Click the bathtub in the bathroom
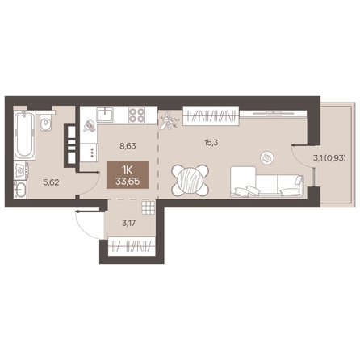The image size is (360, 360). pos(24,136)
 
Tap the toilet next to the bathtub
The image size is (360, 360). pos(46,121)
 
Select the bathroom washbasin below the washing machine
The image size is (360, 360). pos(20,189)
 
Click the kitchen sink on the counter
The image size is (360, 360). pos(105,115)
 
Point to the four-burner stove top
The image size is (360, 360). pos(136,115)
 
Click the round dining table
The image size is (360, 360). pos(190,180)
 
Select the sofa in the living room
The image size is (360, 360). pos(267,182)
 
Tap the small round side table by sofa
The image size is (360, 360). pos(266,157)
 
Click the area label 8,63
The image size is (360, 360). pos(128,146)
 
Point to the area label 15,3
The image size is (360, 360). pos(211,143)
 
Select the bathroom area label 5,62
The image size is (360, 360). pos(51,182)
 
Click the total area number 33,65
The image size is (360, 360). pos(128,182)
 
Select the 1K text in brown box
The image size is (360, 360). pos(128,170)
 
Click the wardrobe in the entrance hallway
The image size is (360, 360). pos(132,246)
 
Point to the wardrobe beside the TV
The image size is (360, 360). pos(211,116)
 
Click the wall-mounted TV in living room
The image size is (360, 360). pos(273,113)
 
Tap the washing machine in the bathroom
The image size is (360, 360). pos(21,170)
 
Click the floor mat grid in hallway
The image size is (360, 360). pos(148,208)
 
